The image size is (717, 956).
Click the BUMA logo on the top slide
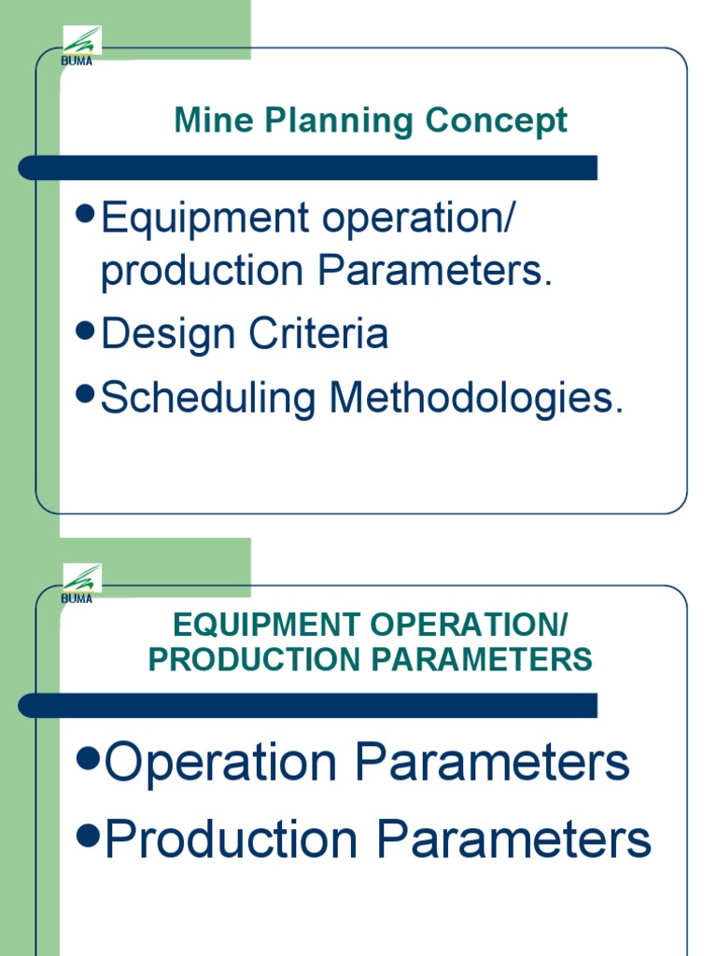[x=81, y=44]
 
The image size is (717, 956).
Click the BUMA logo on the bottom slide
[x=81, y=583]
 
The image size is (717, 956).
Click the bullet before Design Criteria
[x=86, y=331]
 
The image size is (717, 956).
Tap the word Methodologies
[x=474, y=399]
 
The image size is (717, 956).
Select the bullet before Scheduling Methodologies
[x=86, y=396]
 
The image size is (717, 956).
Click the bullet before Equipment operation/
[x=86, y=216]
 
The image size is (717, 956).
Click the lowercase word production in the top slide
[x=203, y=273]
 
